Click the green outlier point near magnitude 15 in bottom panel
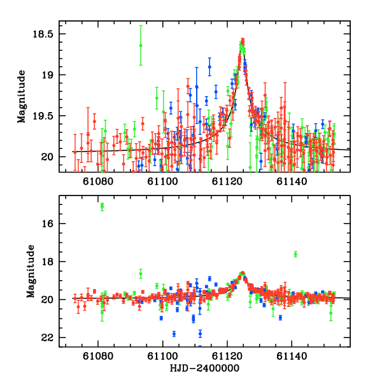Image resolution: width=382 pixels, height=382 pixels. tap(102, 206)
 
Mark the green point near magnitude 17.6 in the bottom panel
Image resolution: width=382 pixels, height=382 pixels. tap(295, 254)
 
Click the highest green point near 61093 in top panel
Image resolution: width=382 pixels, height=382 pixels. tap(141, 45)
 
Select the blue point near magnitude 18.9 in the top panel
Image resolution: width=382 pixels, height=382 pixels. tap(209, 67)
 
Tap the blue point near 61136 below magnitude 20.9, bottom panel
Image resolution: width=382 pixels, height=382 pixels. tap(280, 317)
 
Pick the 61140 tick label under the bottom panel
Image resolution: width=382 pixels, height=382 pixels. tap(292, 357)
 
